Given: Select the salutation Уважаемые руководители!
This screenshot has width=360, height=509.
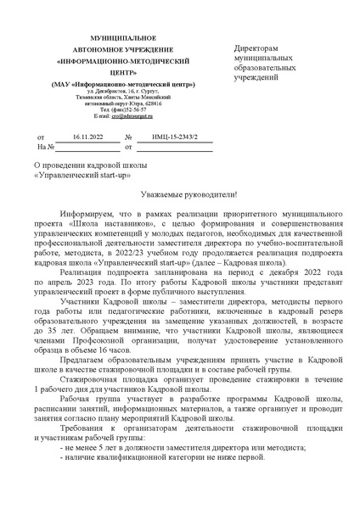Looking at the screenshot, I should click(x=181, y=195).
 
